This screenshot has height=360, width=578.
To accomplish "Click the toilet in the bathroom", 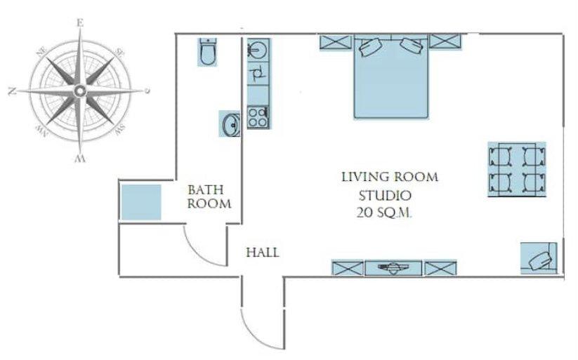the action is pyautogui.click(x=208, y=52).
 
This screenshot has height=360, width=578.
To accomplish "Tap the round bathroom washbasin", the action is pyautogui.click(x=231, y=124).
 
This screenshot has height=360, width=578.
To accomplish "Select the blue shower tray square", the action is pyautogui.click(x=141, y=202).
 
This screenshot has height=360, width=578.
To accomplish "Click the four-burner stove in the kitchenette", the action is pyautogui.click(x=258, y=116).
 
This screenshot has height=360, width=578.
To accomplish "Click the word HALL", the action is pyautogui.click(x=263, y=253).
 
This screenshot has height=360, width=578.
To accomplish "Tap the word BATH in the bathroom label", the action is pyautogui.click(x=206, y=190).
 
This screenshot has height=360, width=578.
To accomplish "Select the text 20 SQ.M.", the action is pyautogui.click(x=383, y=213).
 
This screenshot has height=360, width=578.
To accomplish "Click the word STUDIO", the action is pyautogui.click(x=385, y=195).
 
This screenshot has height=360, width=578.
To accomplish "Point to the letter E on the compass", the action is pyautogui.click(x=80, y=23).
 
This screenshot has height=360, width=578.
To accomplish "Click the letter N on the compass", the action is pyautogui.click(x=13, y=91).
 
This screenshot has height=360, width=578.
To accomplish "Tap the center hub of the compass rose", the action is pyautogui.click(x=79, y=91).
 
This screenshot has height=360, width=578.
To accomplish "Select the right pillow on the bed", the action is pyautogui.click(x=412, y=46).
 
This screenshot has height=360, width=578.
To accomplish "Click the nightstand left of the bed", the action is pyautogui.click(x=336, y=42).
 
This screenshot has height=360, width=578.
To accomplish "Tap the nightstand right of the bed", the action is pyautogui.click(x=445, y=41).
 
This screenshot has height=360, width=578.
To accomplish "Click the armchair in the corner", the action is pyautogui.click(x=539, y=258).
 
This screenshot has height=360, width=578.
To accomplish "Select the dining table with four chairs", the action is pyautogui.click(x=517, y=170).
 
